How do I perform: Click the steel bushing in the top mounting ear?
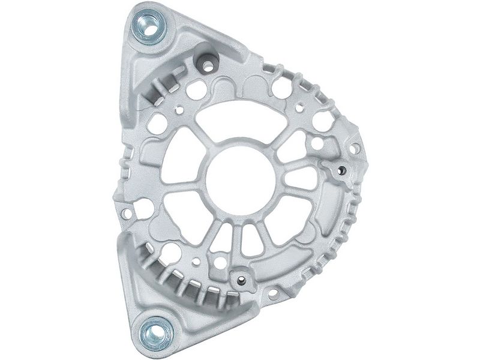point(147,28)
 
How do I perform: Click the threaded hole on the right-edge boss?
point(341,171)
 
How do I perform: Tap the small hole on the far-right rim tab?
point(355,148)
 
